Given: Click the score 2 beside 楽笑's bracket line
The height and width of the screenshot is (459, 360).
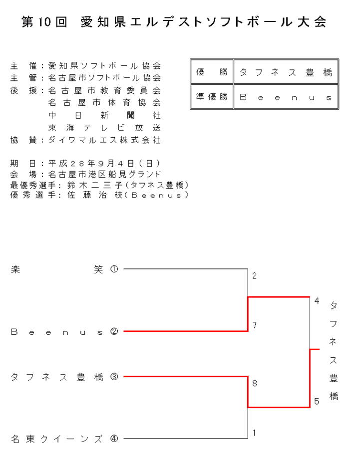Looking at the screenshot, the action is (x=254, y=276).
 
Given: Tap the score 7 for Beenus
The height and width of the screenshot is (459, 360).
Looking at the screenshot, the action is (x=254, y=325).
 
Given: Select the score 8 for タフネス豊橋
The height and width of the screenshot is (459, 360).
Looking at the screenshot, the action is (x=254, y=383).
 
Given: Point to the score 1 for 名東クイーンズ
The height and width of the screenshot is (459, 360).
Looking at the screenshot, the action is (x=254, y=433).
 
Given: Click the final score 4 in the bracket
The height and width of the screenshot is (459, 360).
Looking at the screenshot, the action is (x=317, y=301).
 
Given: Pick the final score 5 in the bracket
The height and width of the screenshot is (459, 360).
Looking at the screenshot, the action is (x=317, y=401).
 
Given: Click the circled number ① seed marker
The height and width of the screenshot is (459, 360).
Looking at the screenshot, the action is (x=114, y=269).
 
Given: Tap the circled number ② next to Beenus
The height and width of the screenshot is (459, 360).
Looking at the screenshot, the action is (x=114, y=331).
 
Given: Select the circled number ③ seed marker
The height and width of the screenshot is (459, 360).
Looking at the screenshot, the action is (x=114, y=377).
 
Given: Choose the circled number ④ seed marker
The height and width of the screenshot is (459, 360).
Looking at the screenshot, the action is (x=114, y=439).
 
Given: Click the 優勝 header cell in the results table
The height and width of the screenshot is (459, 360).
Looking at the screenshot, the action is (x=212, y=72).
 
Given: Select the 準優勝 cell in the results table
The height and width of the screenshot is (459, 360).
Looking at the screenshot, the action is (x=212, y=97).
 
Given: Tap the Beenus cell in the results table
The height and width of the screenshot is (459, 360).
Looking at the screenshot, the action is (x=286, y=97).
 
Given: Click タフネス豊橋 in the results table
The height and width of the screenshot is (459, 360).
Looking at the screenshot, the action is (x=286, y=72).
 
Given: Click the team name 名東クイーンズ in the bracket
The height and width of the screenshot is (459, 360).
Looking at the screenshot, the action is (x=56, y=439).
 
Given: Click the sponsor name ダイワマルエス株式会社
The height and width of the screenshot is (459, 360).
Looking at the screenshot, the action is (x=104, y=140).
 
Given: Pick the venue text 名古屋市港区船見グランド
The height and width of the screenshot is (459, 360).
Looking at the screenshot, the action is (x=104, y=174).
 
